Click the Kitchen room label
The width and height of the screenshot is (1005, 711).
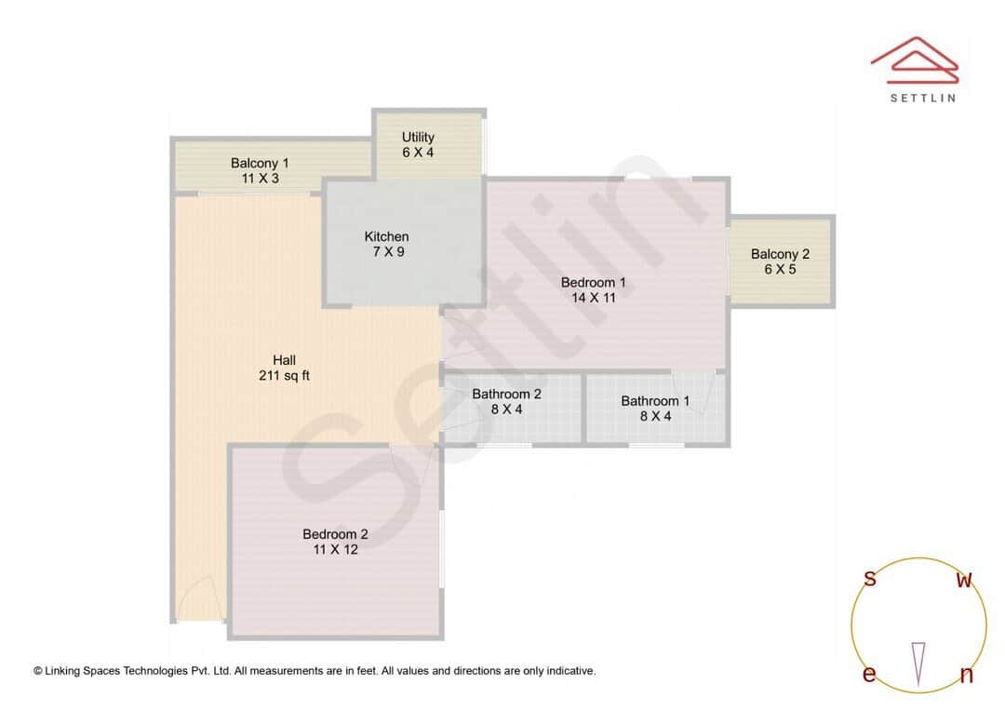[x=386, y=236]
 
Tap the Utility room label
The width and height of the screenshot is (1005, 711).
[x=418, y=137]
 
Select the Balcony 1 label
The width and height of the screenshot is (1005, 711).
[x=260, y=163]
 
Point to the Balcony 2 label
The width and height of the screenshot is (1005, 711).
[x=780, y=254]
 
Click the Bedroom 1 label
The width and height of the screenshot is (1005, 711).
[x=593, y=282]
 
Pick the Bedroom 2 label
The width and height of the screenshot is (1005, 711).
[x=335, y=534]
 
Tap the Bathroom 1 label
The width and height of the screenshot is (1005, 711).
[x=655, y=401]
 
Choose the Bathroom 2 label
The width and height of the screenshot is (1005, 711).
[x=506, y=394]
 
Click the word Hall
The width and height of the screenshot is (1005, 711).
[x=284, y=360]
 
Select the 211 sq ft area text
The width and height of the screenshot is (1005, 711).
[x=284, y=376]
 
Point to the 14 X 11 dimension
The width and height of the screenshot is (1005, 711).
[x=593, y=298]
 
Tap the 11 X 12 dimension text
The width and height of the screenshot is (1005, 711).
[x=335, y=549]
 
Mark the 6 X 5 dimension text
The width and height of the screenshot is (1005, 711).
[x=780, y=269]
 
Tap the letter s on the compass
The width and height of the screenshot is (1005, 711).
[x=870, y=579]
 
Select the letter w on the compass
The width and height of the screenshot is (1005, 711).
[x=964, y=580]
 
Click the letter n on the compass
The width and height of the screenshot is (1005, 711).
[x=966, y=676]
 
